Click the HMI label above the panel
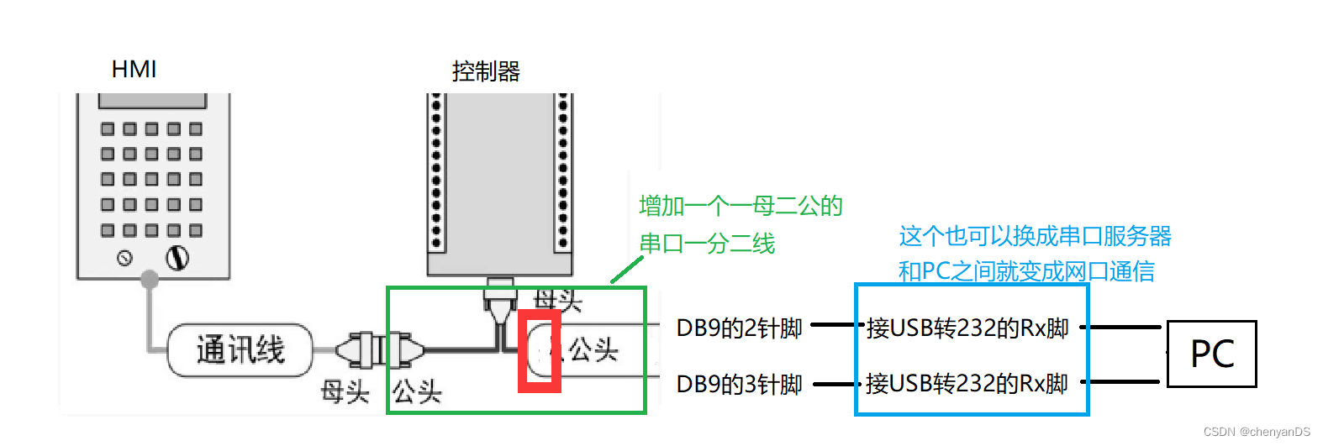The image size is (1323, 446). coord(134,69)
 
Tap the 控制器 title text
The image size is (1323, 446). coord(486,71)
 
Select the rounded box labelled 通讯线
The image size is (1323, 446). coord(240,349)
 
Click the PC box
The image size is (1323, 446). coord(1212,354)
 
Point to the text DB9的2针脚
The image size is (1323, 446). coord(740,328)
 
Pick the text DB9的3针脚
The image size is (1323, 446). coord(740,384)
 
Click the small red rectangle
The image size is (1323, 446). coord(539,351)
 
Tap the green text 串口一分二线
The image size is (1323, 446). coord(707,244)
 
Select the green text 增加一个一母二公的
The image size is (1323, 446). coord(741,206)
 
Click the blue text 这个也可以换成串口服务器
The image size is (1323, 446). coord(1035,236)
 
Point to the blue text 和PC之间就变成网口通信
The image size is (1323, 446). coord(1026,271)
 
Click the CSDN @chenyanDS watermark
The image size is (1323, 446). coord(1257,432)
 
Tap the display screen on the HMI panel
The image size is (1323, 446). coord(152,101)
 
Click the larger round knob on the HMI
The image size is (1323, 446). coord(177,258)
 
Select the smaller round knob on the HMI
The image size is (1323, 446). coord(125,258)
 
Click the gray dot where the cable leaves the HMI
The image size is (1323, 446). coord(150,279)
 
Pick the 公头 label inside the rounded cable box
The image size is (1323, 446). coord(593,349)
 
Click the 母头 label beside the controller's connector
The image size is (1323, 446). coord(557,299)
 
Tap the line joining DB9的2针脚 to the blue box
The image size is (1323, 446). coord(833,325)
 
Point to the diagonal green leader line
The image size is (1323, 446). coord(626,270)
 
